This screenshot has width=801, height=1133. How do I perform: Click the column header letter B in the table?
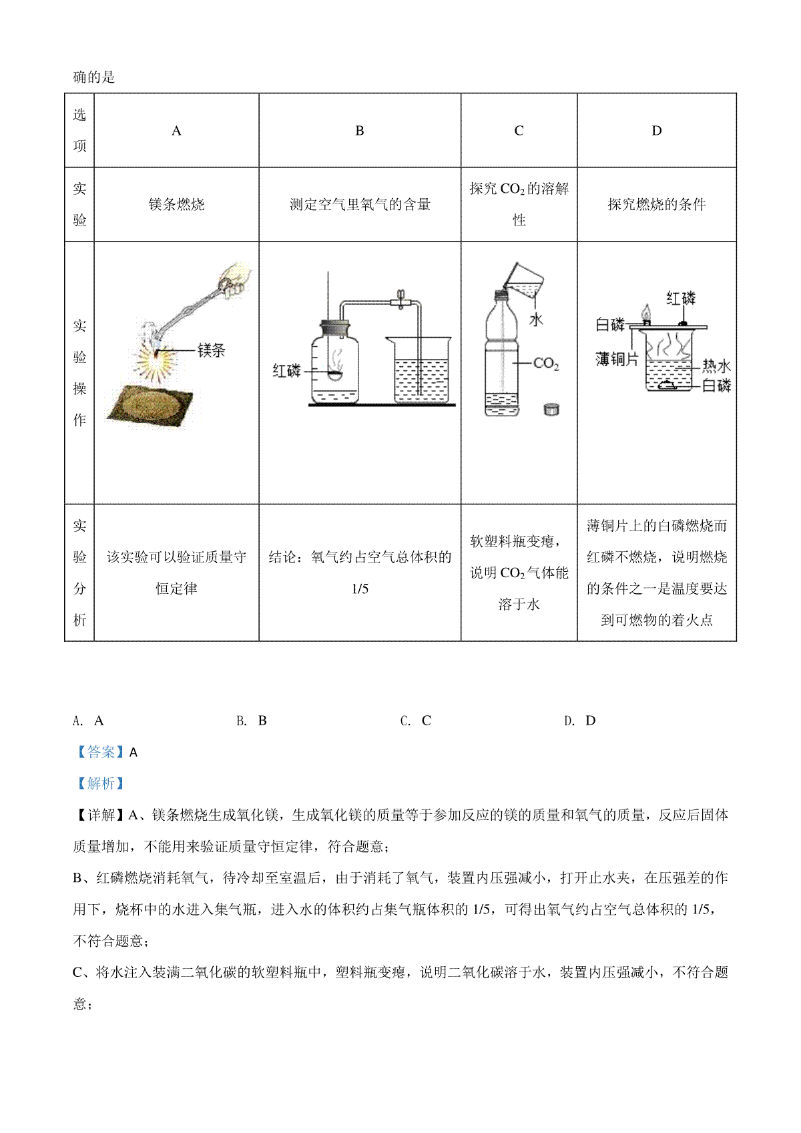(359, 131)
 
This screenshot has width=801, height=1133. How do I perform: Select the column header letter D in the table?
(656, 131)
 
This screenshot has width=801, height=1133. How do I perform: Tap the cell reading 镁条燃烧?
(176, 204)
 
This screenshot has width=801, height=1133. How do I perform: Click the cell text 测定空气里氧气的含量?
(360, 204)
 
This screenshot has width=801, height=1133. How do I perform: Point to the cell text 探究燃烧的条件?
(656, 204)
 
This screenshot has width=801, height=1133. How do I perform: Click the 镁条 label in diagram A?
(211, 350)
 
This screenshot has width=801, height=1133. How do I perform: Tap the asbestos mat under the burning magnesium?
(150, 406)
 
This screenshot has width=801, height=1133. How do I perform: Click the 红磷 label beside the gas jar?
(286, 371)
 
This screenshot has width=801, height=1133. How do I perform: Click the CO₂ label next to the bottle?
(546, 363)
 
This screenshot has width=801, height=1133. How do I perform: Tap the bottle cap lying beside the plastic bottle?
(551, 409)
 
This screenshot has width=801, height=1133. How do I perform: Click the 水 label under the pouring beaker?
(536, 320)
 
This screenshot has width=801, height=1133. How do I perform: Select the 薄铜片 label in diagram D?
(617, 358)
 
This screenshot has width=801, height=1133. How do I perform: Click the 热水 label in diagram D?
(716, 366)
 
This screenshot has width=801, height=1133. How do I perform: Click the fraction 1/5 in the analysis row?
(360, 589)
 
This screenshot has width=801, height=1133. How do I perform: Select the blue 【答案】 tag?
(101, 752)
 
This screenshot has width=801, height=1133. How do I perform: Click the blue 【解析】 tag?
(101, 783)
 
